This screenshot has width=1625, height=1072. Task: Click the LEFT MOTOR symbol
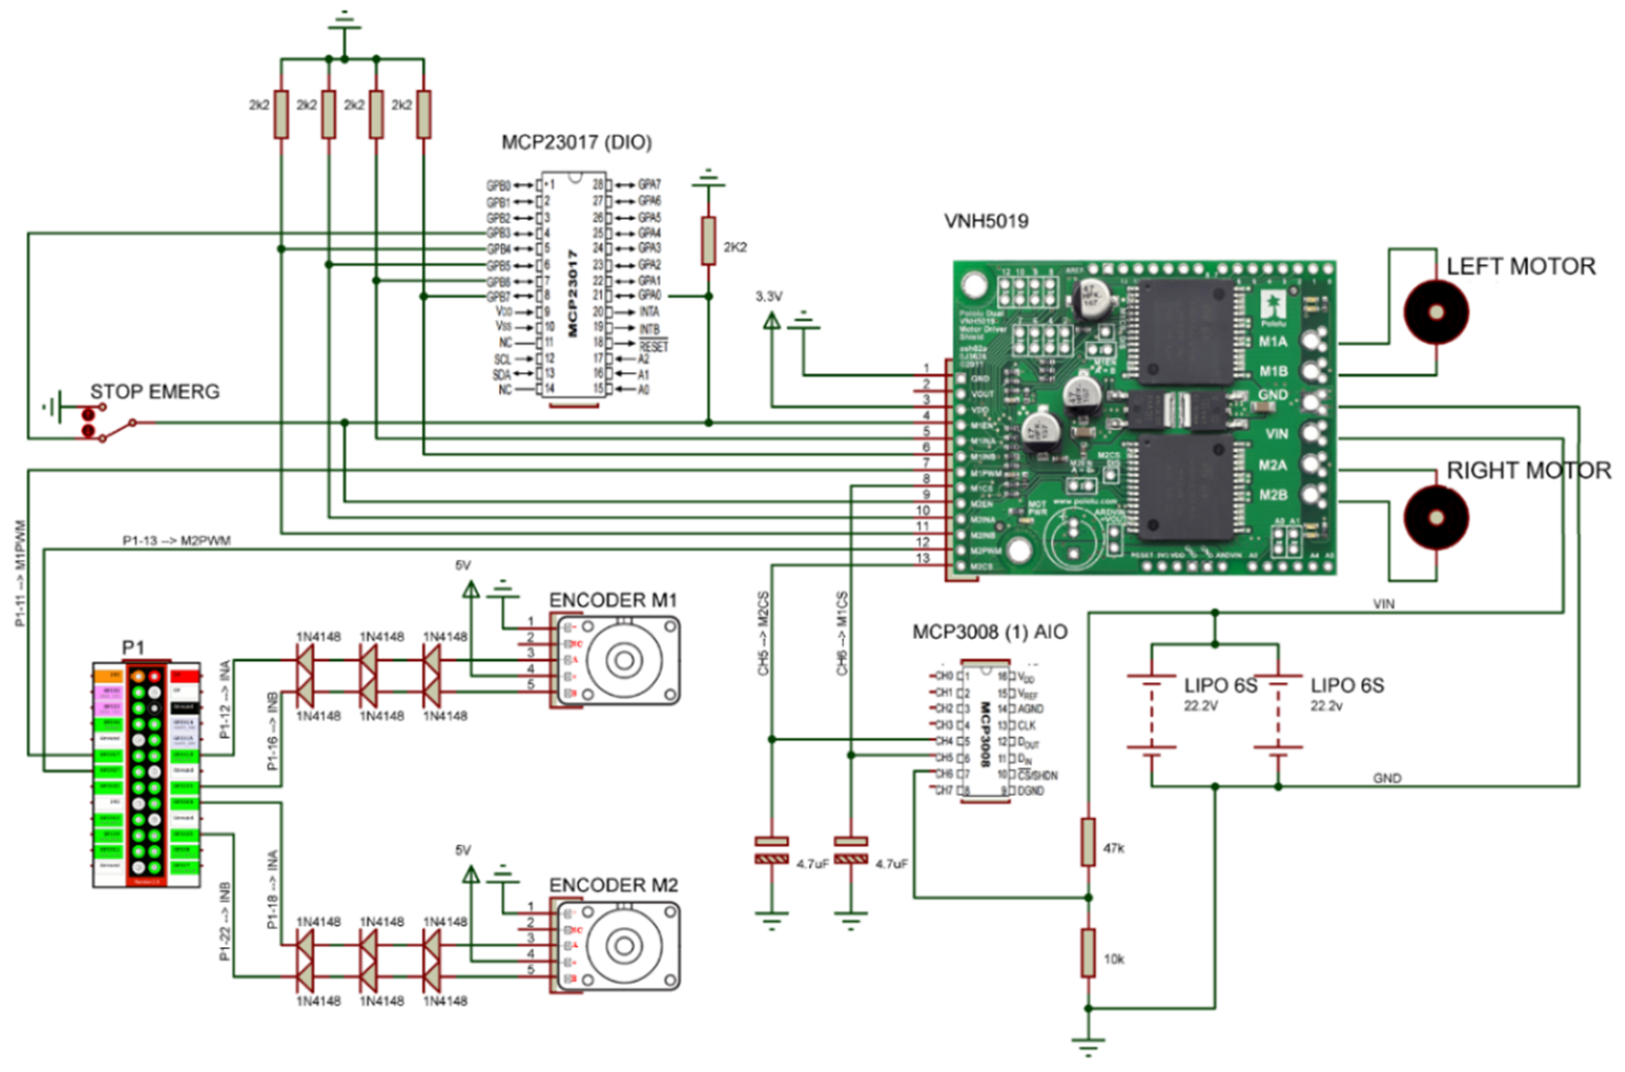click(x=1436, y=312)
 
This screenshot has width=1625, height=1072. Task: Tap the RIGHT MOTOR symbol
click(x=1436, y=517)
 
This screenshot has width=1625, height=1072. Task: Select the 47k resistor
click(x=1088, y=841)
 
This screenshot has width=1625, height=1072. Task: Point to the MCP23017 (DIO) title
click(x=577, y=142)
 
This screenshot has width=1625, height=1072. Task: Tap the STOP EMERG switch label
click(x=155, y=392)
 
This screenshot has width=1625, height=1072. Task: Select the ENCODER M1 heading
click(x=613, y=600)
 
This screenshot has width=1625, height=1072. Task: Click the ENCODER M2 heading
click(x=613, y=886)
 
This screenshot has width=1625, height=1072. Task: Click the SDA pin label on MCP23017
click(x=501, y=374)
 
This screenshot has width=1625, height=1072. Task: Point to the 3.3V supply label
click(x=769, y=297)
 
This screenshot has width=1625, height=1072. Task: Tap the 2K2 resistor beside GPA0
click(x=708, y=241)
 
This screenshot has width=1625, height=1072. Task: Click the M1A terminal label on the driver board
click(x=1273, y=341)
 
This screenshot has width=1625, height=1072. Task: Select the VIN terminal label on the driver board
click(x=1276, y=433)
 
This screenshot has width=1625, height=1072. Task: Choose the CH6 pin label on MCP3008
click(x=944, y=774)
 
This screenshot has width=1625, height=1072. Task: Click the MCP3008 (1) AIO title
click(x=990, y=632)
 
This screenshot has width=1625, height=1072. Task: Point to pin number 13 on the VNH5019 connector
click(x=923, y=558)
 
